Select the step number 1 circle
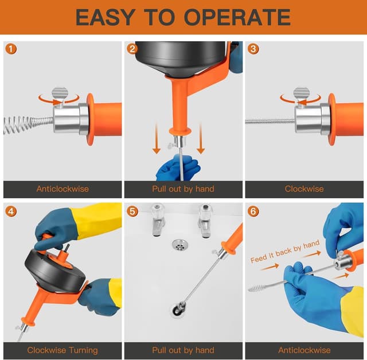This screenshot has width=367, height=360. click(11, 49)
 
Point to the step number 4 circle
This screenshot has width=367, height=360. click(11, 211)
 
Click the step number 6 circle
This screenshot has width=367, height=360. click(253, 211)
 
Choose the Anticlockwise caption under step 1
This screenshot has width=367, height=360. click(63, 189)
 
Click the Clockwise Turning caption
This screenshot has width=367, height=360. click(63, 350)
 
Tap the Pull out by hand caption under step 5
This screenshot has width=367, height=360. click(183, 350)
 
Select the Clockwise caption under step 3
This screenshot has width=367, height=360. click(304, 189)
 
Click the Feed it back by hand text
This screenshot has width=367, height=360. click(285, 252)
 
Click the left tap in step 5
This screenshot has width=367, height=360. click(158, 219)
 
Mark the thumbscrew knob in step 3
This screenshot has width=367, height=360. click(302, 94)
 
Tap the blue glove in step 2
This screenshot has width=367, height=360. click(177, 169)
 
